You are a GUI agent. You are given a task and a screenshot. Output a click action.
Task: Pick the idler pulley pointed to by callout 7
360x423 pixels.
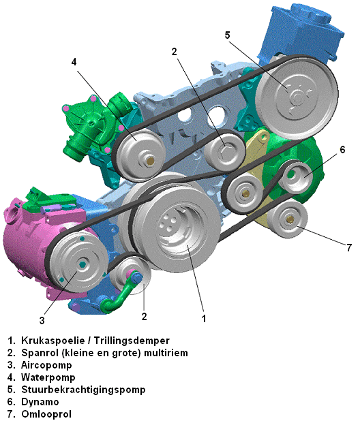[288, 219]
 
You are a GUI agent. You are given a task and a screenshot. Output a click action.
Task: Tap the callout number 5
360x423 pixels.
[228, 35]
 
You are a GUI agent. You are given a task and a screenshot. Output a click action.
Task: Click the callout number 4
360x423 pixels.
[74, 62]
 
